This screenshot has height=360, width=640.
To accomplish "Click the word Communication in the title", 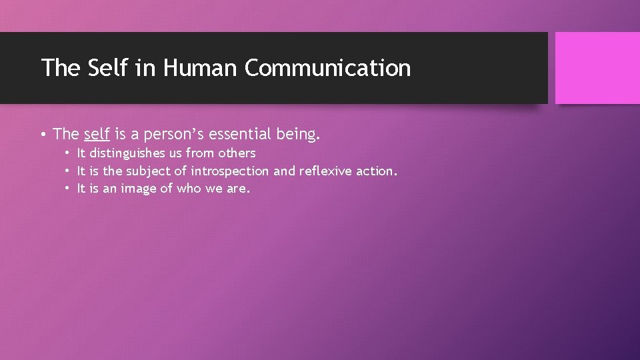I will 327,68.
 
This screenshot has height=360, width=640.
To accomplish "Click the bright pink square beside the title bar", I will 597,68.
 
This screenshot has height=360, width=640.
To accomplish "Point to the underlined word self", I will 97,134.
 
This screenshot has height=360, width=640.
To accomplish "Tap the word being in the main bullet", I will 299,134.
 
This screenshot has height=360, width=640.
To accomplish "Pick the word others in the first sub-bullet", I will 237,153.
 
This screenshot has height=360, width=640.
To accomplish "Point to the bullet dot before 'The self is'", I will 43,135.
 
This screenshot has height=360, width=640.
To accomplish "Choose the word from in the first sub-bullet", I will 200,153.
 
